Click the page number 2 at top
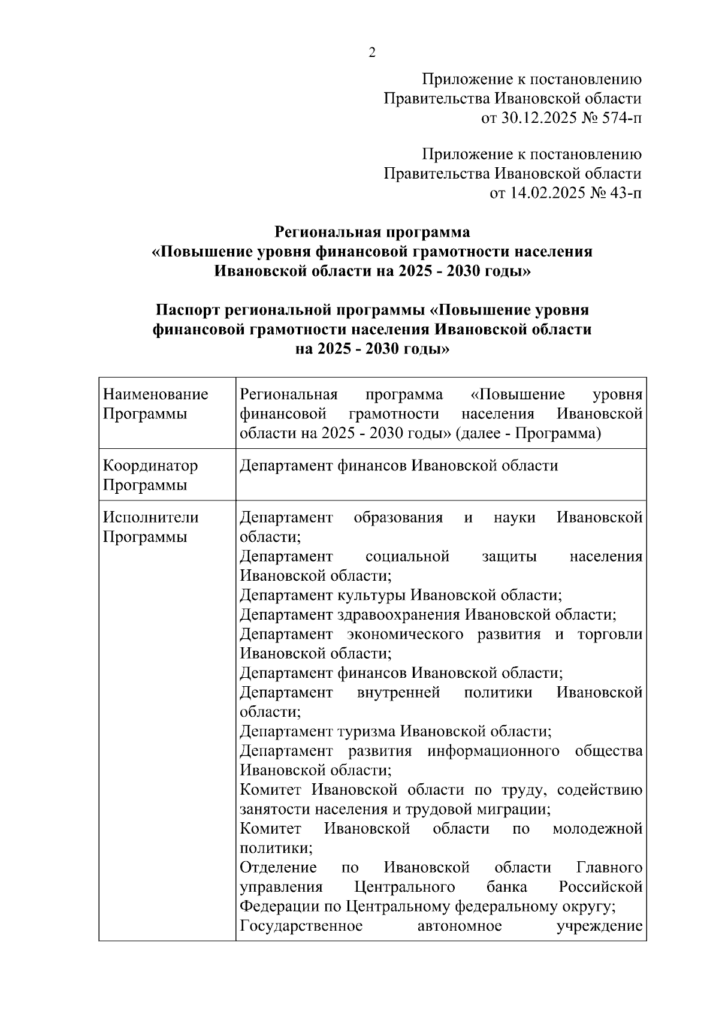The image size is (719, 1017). [371, 53]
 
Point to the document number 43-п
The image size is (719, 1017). [623, 193]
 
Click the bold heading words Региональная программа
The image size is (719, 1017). [372, 231]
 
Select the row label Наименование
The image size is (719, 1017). [156, 394]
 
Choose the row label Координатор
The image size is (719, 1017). [150, 466]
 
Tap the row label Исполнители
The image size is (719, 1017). [151, 517]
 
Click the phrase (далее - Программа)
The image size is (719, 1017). [528, 433]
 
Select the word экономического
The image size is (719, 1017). [405, 634]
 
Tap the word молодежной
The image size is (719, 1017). [597, 829]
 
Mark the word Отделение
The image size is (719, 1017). [278, 867]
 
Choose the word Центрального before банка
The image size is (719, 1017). [404, 887]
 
